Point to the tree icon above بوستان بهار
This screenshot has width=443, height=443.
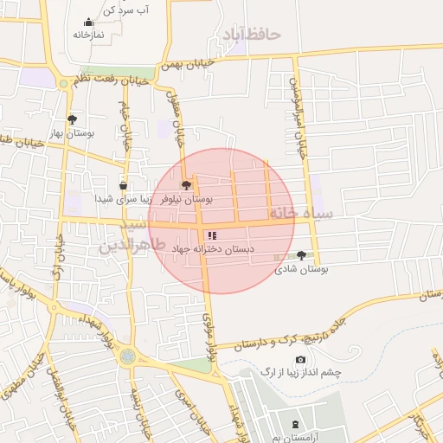[x=72, y=119]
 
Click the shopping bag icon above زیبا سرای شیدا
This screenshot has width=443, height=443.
[x=123, y=185]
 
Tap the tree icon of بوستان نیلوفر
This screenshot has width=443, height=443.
[x=184, y=184]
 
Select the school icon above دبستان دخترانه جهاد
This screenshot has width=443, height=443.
[x=212, y=234]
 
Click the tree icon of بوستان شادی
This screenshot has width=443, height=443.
[x=300, y=255]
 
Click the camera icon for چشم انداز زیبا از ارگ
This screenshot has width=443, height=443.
[x=300, y=359]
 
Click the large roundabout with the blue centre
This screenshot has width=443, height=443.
[x=128, y=356]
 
